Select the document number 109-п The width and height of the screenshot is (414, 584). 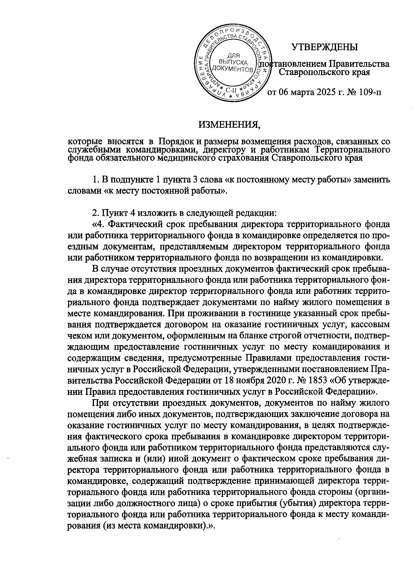point(369,92)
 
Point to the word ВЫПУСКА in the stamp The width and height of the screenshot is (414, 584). point(233,62)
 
